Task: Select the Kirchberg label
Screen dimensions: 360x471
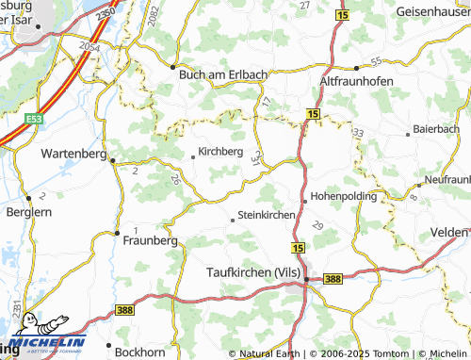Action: (220, 151)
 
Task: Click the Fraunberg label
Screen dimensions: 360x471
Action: (151, 240)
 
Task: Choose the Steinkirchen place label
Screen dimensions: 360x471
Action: (268, 214)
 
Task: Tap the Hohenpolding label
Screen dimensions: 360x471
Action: (345, 196)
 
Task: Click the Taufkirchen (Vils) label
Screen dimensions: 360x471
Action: (252, 272)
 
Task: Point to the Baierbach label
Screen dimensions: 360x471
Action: (435, 126)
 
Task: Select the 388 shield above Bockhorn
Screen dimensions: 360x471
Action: (126, 309)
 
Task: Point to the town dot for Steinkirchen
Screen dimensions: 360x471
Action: (233, 220)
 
